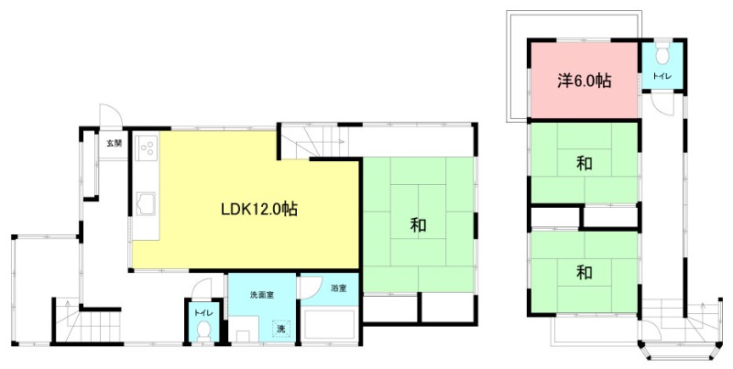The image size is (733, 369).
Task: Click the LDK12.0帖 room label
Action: [x=258, y=208]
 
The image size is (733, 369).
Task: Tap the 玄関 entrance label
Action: [x=113, y=143]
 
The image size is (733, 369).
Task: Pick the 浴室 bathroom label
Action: [x=339, y=288]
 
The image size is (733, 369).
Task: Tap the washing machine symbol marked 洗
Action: [x=282, y=328]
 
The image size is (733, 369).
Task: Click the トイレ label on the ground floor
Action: [x=203, y=311]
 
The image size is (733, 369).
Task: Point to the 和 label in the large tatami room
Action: [x=418, y=224]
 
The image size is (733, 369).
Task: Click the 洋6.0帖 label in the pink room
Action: [x=584, y=81]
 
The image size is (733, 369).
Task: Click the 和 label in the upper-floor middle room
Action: [x=584, y=165]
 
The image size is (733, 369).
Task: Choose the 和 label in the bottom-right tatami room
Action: [x=584, y=272]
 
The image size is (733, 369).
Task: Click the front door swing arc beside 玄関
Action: [x=109, y=115]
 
